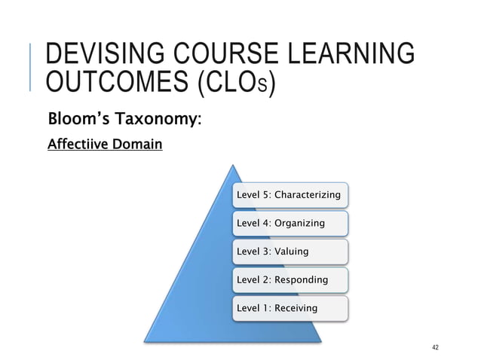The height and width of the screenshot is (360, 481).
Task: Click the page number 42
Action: (435, 346)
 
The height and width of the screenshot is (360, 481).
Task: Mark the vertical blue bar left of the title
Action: (31, 68)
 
